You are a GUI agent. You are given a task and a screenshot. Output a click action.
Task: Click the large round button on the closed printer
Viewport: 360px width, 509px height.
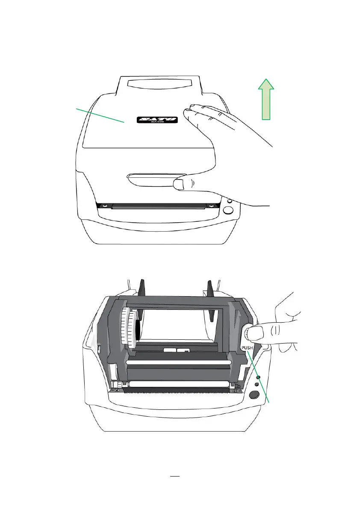(x=228, y=210)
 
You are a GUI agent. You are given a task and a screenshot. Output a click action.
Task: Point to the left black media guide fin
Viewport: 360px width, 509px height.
(x=142, y=289)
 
